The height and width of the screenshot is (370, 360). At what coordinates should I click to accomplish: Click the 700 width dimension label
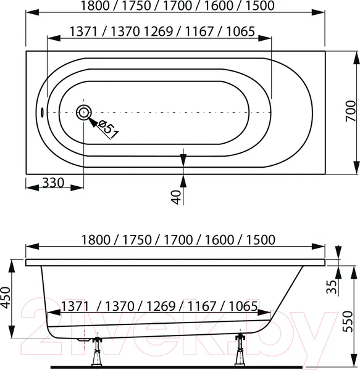pyautogui.click(x=351, y=111)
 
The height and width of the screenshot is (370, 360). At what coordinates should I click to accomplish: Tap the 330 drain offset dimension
pyautogui.click(x=53, y=183)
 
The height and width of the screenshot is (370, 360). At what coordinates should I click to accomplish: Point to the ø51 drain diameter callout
pyautogui.click(x=108, y=129)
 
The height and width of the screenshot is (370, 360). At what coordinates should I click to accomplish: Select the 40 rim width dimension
pyautogui.click(x=176, y=197)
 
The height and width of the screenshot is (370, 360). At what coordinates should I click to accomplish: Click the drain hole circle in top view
pyautogui.click(x=84, y=113)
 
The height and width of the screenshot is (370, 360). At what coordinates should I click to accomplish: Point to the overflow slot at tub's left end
pyautogui.click(x=42, y=112)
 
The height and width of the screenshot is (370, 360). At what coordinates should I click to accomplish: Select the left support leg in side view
pyautogui.click(x=97, y=351)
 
